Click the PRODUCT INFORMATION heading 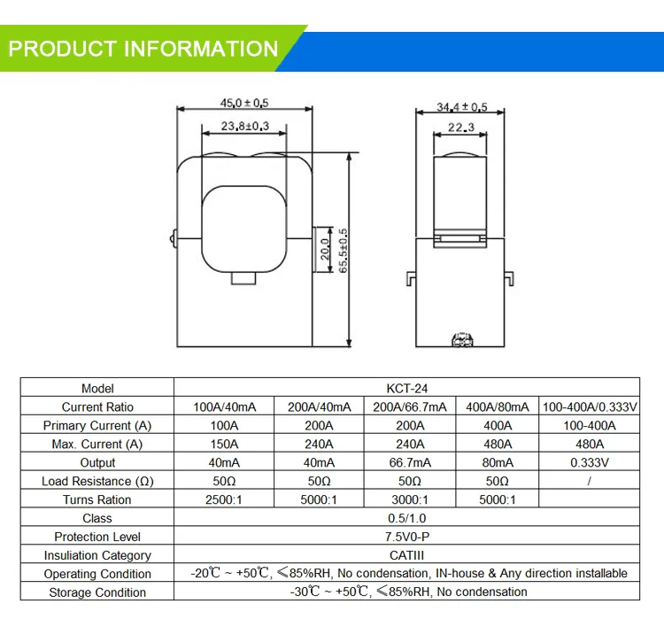click(143, 47)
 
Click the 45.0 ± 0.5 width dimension click(243, 103)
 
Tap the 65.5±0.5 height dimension click(344, 251)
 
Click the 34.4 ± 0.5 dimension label click(461, 107)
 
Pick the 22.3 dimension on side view click(460, 128)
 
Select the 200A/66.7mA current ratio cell click(409, 406)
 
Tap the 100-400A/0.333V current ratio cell click(589, 406)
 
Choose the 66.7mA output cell click(409, 462)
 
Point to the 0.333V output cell click(589, 462)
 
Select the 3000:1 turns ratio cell click(409, 499)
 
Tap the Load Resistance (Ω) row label click(97, 481)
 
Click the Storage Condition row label click(97, 592)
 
